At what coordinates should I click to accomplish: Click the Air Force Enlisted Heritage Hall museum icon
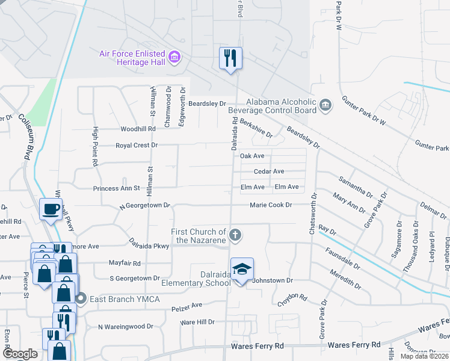175,58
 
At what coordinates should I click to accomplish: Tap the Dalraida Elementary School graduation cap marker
242,270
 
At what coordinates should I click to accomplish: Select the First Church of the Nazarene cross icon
236,235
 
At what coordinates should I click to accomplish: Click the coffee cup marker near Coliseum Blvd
51,209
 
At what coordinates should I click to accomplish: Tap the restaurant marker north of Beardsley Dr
230,58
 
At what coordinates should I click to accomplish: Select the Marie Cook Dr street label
271,205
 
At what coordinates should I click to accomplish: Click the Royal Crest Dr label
137,146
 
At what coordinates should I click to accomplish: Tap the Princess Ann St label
117,188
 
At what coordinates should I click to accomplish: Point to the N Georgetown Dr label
144,205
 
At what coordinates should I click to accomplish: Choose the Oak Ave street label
253,156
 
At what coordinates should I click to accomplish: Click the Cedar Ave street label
268,171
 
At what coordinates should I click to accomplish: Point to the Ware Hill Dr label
197,322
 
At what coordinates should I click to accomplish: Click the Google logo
19,354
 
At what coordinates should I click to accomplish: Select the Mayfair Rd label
125,264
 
